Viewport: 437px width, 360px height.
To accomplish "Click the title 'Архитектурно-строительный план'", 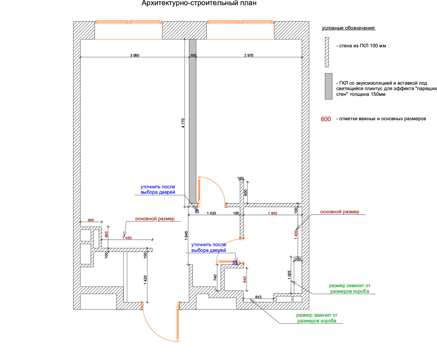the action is pos(199,3).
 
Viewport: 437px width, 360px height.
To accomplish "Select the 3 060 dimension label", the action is pos(135,55).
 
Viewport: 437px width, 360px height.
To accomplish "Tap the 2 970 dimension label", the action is pos(249,55).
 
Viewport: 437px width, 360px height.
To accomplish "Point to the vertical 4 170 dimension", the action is pos(183,123).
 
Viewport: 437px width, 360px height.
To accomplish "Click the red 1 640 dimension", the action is pos(272,213).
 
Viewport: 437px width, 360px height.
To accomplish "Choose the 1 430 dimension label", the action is pos(211,213).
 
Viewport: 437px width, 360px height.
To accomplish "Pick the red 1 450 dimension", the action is pos(127,238).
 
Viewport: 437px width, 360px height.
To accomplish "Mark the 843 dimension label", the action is pos(258,297).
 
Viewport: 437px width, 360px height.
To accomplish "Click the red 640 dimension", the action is pos(245,279).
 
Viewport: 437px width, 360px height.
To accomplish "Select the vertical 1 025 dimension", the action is pos(289,275).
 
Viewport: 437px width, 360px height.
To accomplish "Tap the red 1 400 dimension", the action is pos(296,235).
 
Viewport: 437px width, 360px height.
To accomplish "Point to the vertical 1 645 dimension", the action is pos(186,236).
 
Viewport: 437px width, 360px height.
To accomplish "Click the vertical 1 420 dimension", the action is pos(145,280).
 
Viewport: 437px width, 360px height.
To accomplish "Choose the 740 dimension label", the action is pos(215,277).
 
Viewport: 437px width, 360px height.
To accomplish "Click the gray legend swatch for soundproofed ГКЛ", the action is pos(329,86).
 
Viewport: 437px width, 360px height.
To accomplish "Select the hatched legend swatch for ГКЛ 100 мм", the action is pos(327,52).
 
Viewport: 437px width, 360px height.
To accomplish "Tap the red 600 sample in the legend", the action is pos(326,119).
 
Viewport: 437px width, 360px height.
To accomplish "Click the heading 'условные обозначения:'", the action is pos(348,28).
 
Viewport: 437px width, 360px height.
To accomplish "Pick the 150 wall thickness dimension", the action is pos(193,55).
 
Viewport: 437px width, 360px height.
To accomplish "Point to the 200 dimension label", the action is pos(298,259).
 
